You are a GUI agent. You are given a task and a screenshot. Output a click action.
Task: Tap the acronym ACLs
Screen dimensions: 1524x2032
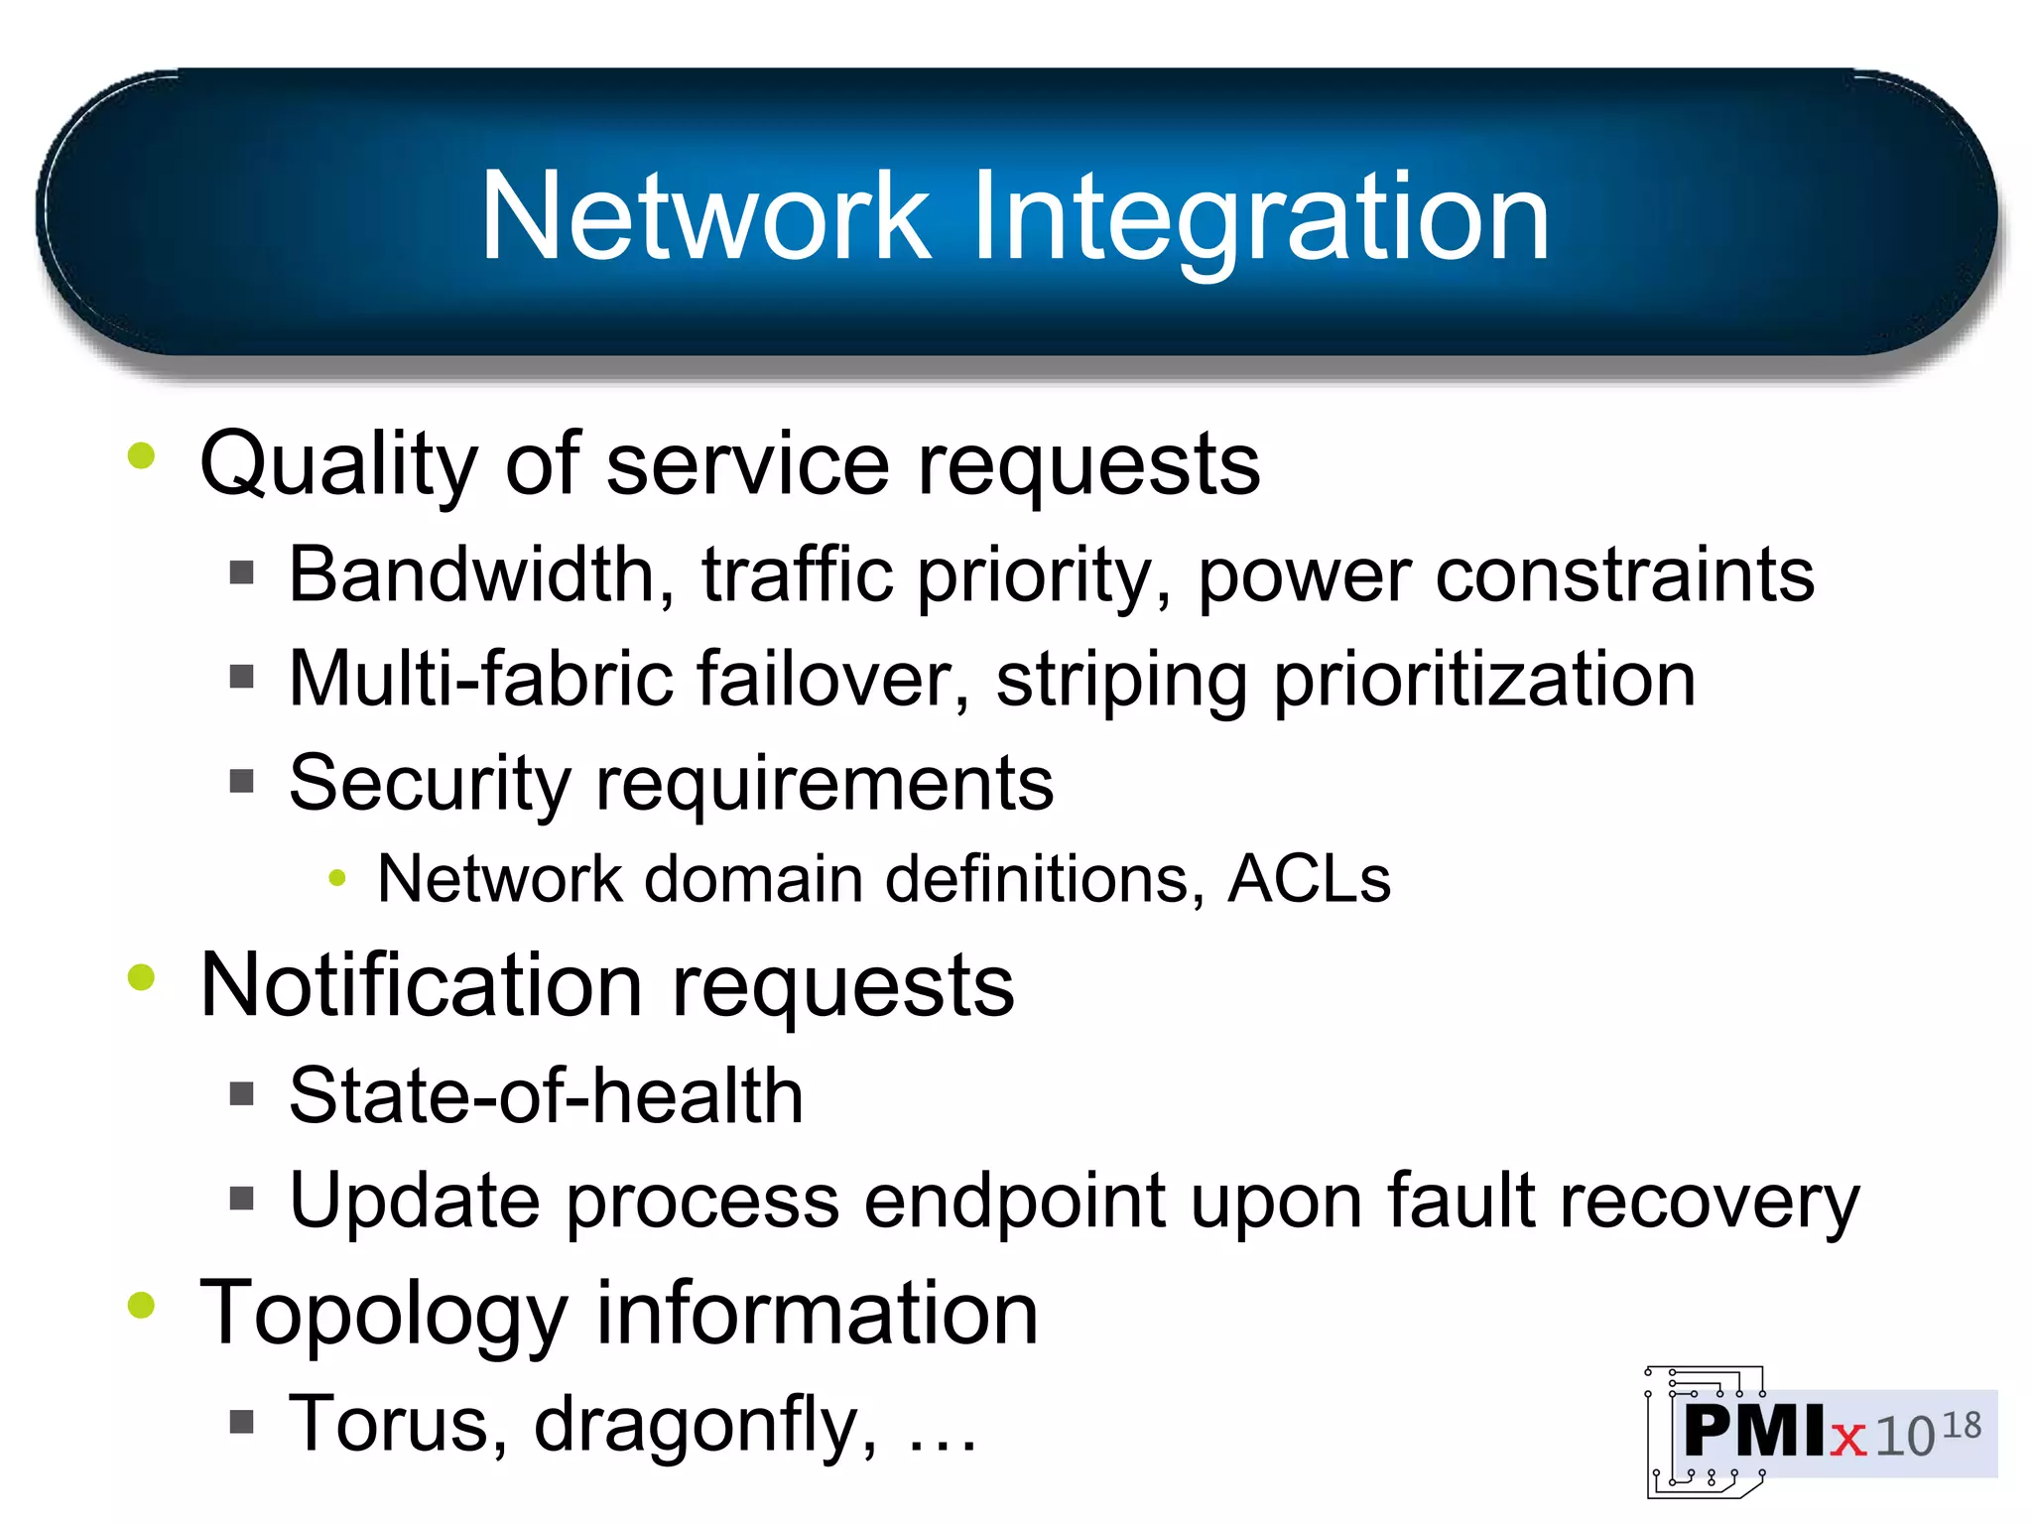(1309, 880)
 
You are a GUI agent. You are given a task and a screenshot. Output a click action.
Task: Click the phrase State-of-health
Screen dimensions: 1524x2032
(546, 1097)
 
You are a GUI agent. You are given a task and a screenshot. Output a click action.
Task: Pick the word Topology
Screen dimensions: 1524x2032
(383, 1316)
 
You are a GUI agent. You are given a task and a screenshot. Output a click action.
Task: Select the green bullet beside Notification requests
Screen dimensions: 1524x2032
(142, 978)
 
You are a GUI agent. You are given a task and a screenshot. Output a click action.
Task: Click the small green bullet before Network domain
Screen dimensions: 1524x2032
(337, 878)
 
